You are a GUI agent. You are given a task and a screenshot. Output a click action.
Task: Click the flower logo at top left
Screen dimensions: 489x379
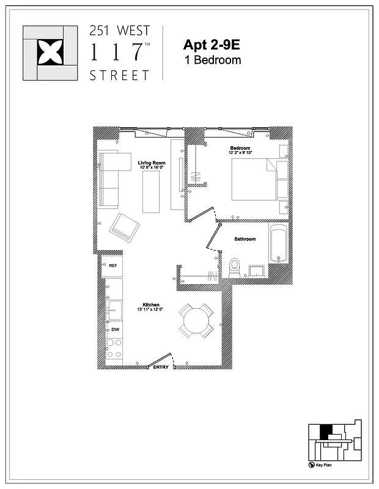50,53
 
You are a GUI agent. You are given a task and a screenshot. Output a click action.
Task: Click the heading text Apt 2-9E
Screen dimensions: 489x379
210,45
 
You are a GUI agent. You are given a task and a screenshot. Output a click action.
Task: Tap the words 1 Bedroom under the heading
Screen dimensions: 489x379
212,60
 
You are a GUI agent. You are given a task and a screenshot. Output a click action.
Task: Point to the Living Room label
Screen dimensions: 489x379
152,163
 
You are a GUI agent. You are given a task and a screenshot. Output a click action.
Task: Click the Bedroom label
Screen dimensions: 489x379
240,149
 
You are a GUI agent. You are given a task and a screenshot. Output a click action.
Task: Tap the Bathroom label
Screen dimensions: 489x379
245,239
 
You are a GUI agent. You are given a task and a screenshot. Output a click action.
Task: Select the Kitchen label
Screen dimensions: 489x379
151,304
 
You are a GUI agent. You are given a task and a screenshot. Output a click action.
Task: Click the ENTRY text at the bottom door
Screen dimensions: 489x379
161,367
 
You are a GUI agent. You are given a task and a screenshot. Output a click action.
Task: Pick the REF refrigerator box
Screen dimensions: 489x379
112,266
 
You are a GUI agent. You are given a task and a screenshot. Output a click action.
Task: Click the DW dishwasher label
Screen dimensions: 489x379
114,329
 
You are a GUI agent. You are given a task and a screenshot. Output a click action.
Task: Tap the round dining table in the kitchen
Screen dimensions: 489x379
196,320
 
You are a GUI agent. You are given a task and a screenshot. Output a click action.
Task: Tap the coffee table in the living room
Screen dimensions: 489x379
150,191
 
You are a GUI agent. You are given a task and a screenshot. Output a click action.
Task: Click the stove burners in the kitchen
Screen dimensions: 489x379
114,349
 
